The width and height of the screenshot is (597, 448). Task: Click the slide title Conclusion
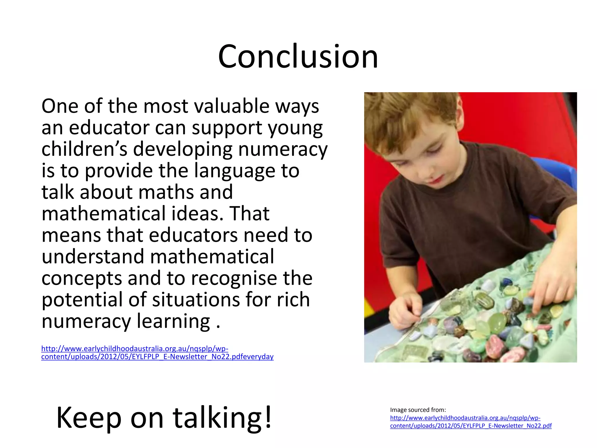click(298, 56)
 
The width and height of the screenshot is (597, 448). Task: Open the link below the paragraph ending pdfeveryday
click(157, 353)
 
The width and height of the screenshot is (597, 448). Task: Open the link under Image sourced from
click(470, 422)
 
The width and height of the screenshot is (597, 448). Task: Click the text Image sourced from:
click(418, 410)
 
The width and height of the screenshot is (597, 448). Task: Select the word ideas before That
click(197, 214)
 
